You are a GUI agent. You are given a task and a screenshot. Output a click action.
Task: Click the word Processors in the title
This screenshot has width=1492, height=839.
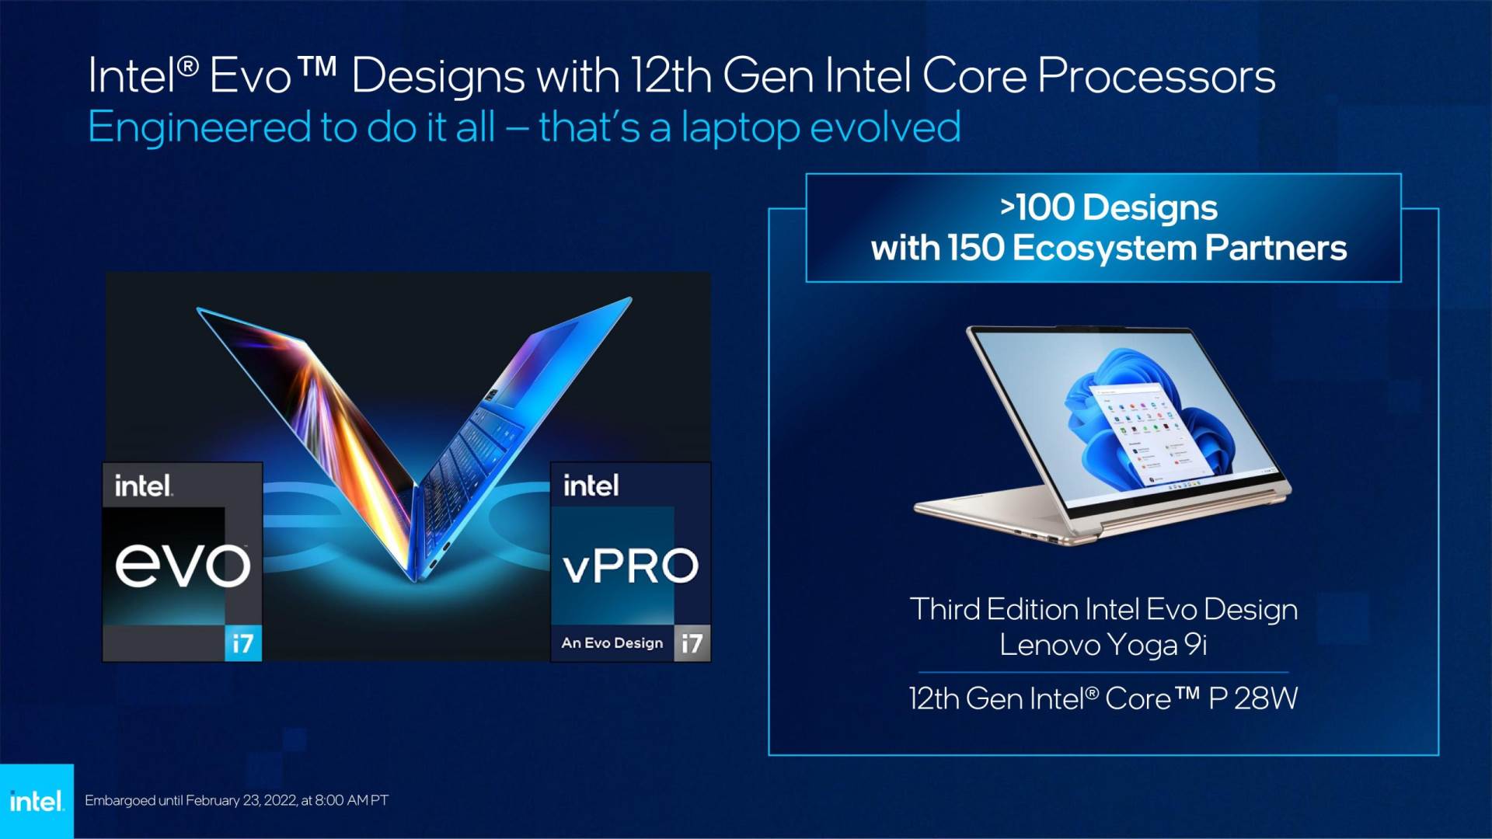tap(1156, 77)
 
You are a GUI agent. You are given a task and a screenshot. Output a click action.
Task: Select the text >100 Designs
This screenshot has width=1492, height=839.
tap(1108, 207)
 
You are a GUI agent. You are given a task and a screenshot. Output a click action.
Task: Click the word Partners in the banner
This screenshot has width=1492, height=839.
tap(1275, 249)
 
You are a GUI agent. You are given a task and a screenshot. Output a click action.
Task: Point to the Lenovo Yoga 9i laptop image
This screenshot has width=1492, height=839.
tap(1102, 435)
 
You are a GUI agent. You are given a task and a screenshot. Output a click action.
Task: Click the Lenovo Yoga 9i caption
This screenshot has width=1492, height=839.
tap(1103, 645)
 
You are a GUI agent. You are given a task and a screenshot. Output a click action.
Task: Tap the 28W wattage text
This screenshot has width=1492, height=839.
tap(1266, 698)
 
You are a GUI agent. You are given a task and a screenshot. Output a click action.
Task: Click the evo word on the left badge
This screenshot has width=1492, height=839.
tap(183, 565)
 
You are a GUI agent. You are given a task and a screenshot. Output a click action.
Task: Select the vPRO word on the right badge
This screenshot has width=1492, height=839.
tap(630, 566)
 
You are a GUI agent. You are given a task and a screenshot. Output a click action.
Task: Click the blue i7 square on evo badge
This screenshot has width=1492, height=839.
tap(243, 643)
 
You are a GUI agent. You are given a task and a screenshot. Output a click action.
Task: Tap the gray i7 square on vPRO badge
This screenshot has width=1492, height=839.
tap(692, 643)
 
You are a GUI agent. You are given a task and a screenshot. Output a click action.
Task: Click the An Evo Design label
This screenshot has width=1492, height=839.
tap(612, 643)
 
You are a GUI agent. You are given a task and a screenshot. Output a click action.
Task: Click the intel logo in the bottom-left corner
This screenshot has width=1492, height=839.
tap(37, 801)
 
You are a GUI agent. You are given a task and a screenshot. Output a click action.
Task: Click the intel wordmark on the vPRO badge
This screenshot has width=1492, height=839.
tap(591, 486)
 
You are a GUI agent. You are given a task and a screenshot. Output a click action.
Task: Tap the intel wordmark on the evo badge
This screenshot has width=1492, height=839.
tap(143, 486)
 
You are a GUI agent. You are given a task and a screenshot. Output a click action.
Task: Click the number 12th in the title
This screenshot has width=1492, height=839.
tap(671, 77)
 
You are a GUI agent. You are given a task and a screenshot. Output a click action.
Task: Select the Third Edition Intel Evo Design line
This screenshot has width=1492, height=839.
tap(1103, 610)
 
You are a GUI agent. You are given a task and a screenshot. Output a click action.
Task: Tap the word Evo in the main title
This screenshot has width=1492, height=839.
tap(250, 77)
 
